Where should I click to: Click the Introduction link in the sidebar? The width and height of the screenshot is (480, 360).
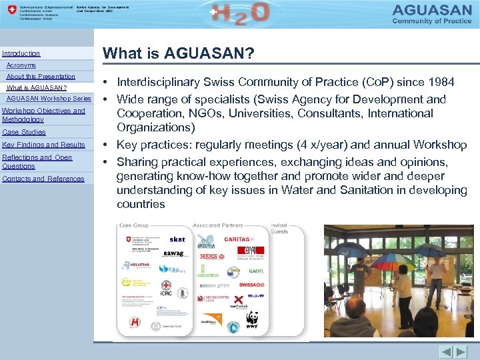coord(21,53)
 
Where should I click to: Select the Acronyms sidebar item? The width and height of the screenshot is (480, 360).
coord(21,65)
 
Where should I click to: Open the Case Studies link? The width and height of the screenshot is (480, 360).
coord(24,132)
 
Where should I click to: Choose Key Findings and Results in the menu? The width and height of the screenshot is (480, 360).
coord(44,145)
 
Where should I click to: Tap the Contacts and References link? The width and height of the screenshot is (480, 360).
coord(43,179)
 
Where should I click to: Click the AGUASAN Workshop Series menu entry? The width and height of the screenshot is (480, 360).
coord(49,99)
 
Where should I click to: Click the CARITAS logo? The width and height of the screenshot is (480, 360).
coord(236,239)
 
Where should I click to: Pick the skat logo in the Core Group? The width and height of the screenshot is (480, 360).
coord(177,239)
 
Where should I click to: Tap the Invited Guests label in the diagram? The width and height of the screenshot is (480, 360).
coord(279,228)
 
